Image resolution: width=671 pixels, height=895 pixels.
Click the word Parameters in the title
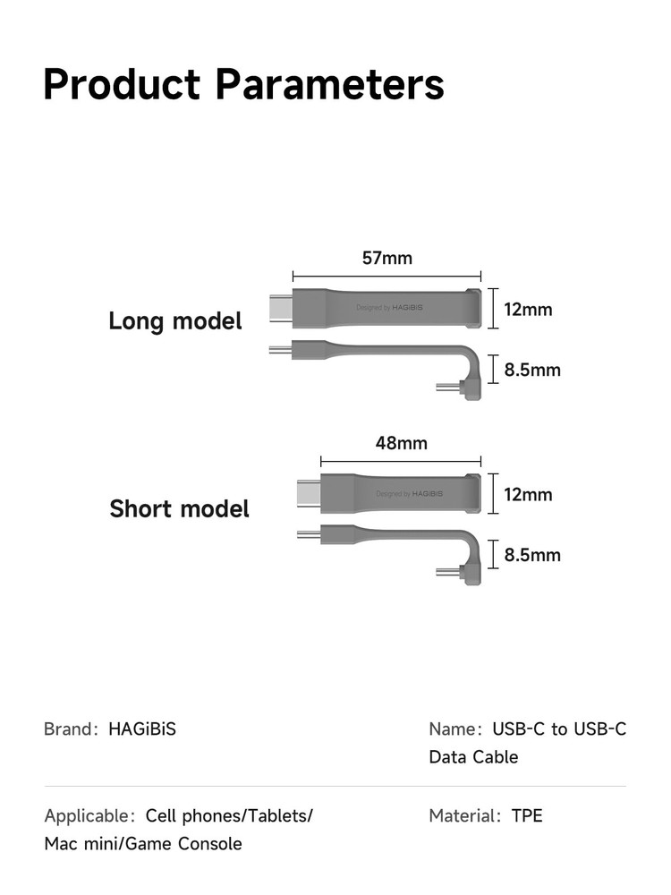(330, 85)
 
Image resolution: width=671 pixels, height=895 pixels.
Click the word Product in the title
(123, 85)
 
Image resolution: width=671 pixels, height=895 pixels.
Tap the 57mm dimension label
(387, 259)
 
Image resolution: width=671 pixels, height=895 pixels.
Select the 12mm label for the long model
(528, 310)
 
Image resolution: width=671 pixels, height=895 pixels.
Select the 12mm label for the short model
(528, 494)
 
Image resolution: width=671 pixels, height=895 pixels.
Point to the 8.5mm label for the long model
(532, 369)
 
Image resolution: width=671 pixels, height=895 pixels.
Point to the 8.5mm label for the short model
(532, 555)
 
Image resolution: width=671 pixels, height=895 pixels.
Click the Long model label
(175, 320)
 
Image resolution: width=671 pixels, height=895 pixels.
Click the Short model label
(179, 509)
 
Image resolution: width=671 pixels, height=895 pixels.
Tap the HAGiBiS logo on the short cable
(423, 493)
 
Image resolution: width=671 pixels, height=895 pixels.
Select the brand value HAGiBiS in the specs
(142, 729)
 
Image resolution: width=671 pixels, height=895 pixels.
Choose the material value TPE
(527, 815)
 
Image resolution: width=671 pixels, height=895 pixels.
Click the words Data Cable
(473, 757)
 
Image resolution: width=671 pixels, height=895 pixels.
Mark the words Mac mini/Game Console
(143, 843)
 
